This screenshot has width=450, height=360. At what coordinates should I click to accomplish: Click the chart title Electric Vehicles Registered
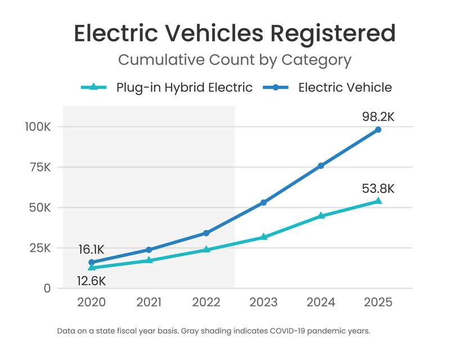(235, 34)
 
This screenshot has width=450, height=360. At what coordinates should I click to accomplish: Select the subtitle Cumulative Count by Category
(235, 60)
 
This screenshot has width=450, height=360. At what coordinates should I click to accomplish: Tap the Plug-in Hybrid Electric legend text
(184, 87)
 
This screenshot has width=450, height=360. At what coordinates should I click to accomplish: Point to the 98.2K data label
(377, 117)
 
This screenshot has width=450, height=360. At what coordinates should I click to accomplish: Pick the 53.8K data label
(377, 188)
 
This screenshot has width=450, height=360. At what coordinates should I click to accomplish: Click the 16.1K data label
(91, 249)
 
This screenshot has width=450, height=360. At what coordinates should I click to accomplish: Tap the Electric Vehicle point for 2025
(378, 129)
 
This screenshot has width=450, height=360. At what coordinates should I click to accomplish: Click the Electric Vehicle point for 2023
(263, 202)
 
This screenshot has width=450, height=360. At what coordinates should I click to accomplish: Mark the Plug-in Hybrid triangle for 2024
(321, 215)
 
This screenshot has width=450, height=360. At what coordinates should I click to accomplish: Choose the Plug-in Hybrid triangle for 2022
(206, 249)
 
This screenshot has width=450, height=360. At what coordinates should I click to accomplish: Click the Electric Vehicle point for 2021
(148, 250)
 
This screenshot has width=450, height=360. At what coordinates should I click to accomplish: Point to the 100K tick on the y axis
(38, 127)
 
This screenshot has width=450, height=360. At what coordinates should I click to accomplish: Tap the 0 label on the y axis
(47, 289)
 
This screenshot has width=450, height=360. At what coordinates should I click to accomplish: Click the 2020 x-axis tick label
(91, 303)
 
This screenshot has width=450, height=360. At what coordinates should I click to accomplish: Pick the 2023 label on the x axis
(263, 303)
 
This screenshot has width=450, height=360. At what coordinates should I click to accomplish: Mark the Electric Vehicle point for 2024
(321, 166)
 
